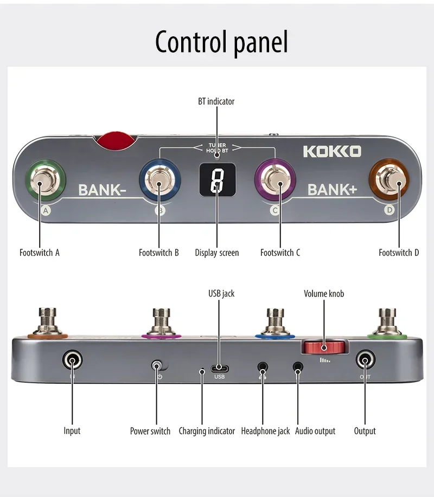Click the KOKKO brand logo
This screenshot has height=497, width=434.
tap(331, 151)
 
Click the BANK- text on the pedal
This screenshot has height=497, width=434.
tap(102, 190)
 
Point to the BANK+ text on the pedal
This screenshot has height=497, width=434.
tap(332, 190)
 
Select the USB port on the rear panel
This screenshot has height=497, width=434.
tap(220, 369)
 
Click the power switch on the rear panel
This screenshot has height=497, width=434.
tap(158, 366)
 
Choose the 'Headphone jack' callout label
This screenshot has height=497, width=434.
tap(265, 431)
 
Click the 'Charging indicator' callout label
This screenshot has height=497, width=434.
tap(207, 431)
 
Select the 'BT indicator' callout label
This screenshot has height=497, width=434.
tap(216, 101)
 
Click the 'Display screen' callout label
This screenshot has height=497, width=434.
tap(216, 253)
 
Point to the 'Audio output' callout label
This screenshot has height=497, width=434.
tap(315, 431)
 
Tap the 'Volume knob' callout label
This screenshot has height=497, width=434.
tap(324, 294)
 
